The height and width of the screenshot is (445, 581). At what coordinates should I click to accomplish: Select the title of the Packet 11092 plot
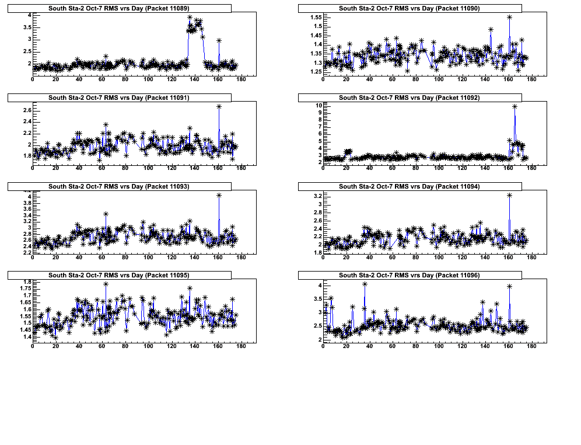point(409,98)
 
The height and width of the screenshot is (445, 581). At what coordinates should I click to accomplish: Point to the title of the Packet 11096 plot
point(409,274)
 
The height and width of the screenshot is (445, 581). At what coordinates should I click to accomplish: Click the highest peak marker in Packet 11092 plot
point(514,106)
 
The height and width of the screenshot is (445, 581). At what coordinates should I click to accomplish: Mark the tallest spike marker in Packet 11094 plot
point(509,195)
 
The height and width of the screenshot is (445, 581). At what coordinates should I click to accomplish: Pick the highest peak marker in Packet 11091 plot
point(219,106)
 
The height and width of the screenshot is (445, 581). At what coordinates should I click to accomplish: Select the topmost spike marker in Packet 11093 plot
point(219,195)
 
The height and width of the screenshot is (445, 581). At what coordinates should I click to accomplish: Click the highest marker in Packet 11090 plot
point(509,18)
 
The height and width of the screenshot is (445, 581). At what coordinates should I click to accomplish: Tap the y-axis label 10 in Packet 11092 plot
point(318,106)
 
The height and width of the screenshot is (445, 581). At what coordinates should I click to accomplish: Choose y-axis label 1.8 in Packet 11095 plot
point(26,283)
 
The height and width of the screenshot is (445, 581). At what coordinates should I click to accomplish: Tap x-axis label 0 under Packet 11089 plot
point(33,79)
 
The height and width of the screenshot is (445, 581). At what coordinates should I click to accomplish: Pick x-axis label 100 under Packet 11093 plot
point(148,257)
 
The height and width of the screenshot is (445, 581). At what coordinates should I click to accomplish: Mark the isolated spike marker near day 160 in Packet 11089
point(219,41)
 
